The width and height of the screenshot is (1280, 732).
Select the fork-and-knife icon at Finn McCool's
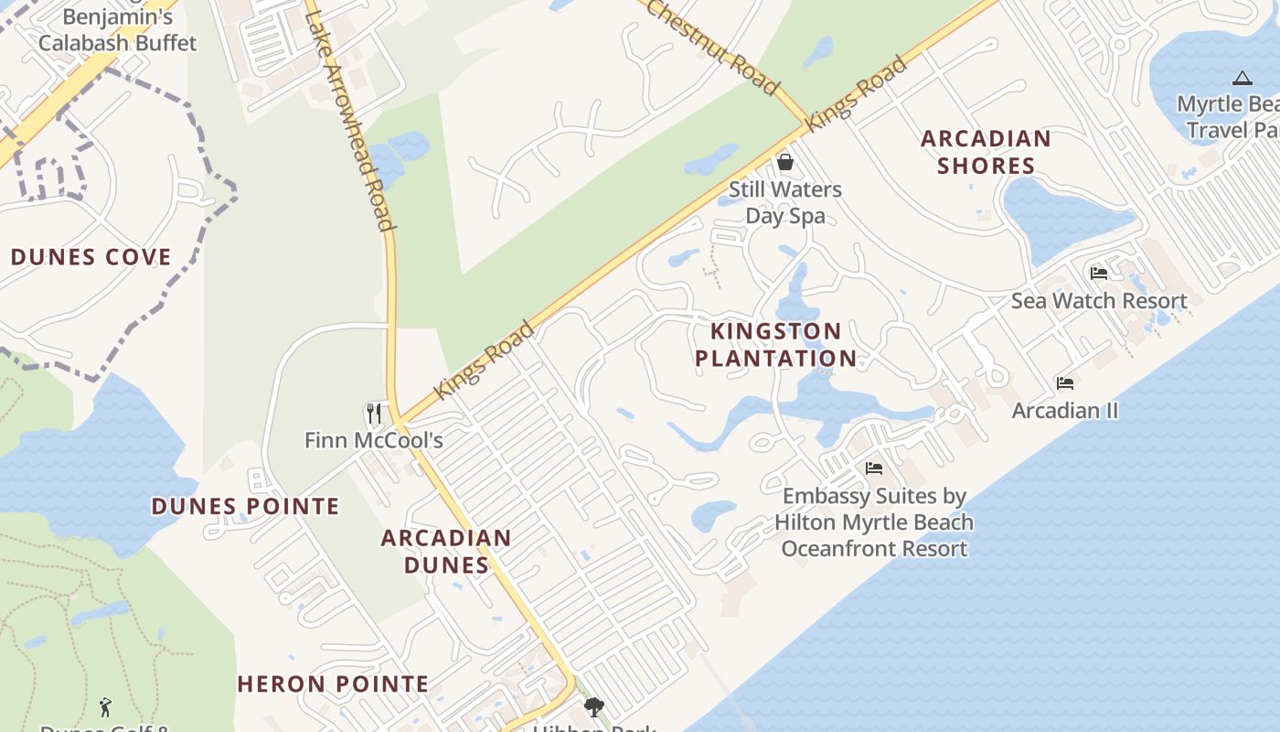coord(373,414)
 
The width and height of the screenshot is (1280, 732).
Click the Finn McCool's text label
coord(374,440)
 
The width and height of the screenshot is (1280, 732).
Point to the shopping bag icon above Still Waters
coord(784,162)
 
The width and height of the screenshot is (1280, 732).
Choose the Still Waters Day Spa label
coord(785,202)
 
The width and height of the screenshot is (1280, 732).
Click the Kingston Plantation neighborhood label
coord(776,344)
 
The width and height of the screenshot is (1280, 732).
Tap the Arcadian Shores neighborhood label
coord(986,152)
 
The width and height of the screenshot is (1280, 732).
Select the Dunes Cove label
coord(91,257)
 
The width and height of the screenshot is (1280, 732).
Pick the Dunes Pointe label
coord(245,506)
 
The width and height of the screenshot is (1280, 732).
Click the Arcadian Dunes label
coord(446,551)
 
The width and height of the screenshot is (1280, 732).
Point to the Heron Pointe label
coord(333,684)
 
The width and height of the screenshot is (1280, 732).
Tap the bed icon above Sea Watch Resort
coord(1099,274)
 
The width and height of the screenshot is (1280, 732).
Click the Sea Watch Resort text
coord(1099,300)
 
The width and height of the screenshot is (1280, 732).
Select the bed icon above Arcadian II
coord(1065,383)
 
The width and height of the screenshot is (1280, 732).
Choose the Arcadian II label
coord(1065,410)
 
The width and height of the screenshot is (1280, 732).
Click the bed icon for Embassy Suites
coord(874,468)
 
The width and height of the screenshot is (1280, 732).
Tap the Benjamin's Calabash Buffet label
coord(118,29)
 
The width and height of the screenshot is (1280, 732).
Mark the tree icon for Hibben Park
coord(594,706)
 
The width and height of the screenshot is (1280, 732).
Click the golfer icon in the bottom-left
coord(105,707)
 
